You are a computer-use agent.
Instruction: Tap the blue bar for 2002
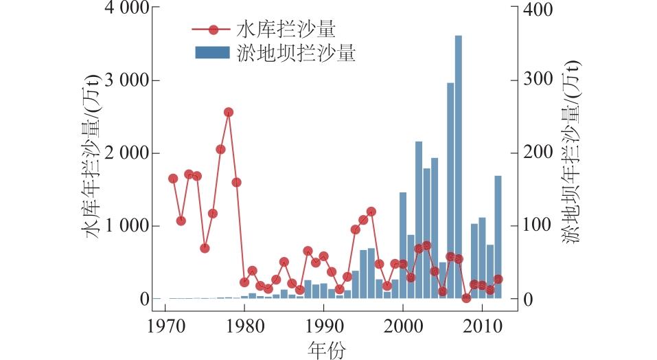pos(419,220)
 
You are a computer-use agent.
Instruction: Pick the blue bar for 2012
pos(498,237)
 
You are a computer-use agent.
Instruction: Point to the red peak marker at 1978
pos(229,112)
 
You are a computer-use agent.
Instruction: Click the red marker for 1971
pos(173,179)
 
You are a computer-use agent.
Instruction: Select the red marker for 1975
pos(205,248)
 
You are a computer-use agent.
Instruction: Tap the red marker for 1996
pos(371,212)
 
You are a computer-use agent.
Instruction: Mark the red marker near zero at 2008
pos(467,298)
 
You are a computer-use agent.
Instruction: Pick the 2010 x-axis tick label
pos(482,325)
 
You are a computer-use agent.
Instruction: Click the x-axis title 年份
pos(327,350)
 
